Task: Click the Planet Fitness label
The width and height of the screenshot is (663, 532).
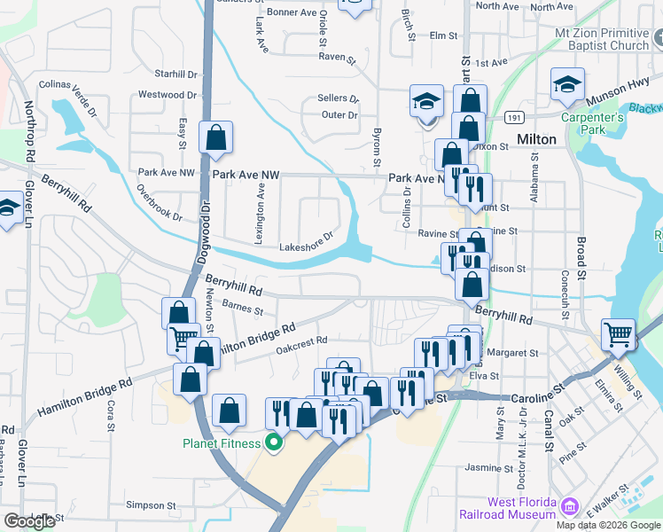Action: click(222, 443)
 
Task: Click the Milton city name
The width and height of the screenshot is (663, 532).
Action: click(536, 139)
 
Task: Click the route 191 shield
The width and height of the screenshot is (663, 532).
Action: click(514, 116)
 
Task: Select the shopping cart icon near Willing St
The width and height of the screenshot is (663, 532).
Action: click(618, 335)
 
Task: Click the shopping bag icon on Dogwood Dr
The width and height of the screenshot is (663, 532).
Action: click(215, 137)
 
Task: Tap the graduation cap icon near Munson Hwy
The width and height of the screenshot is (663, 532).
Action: click(567, 84)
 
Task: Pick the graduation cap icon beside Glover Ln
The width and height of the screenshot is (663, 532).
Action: click(7, 209)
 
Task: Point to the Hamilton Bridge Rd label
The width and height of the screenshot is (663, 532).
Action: click(84, 397)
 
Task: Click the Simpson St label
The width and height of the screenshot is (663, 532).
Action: click(152, 505)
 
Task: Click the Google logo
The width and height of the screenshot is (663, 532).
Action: click(29, 521)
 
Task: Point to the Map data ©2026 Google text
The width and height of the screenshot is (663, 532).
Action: click(609, 525)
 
